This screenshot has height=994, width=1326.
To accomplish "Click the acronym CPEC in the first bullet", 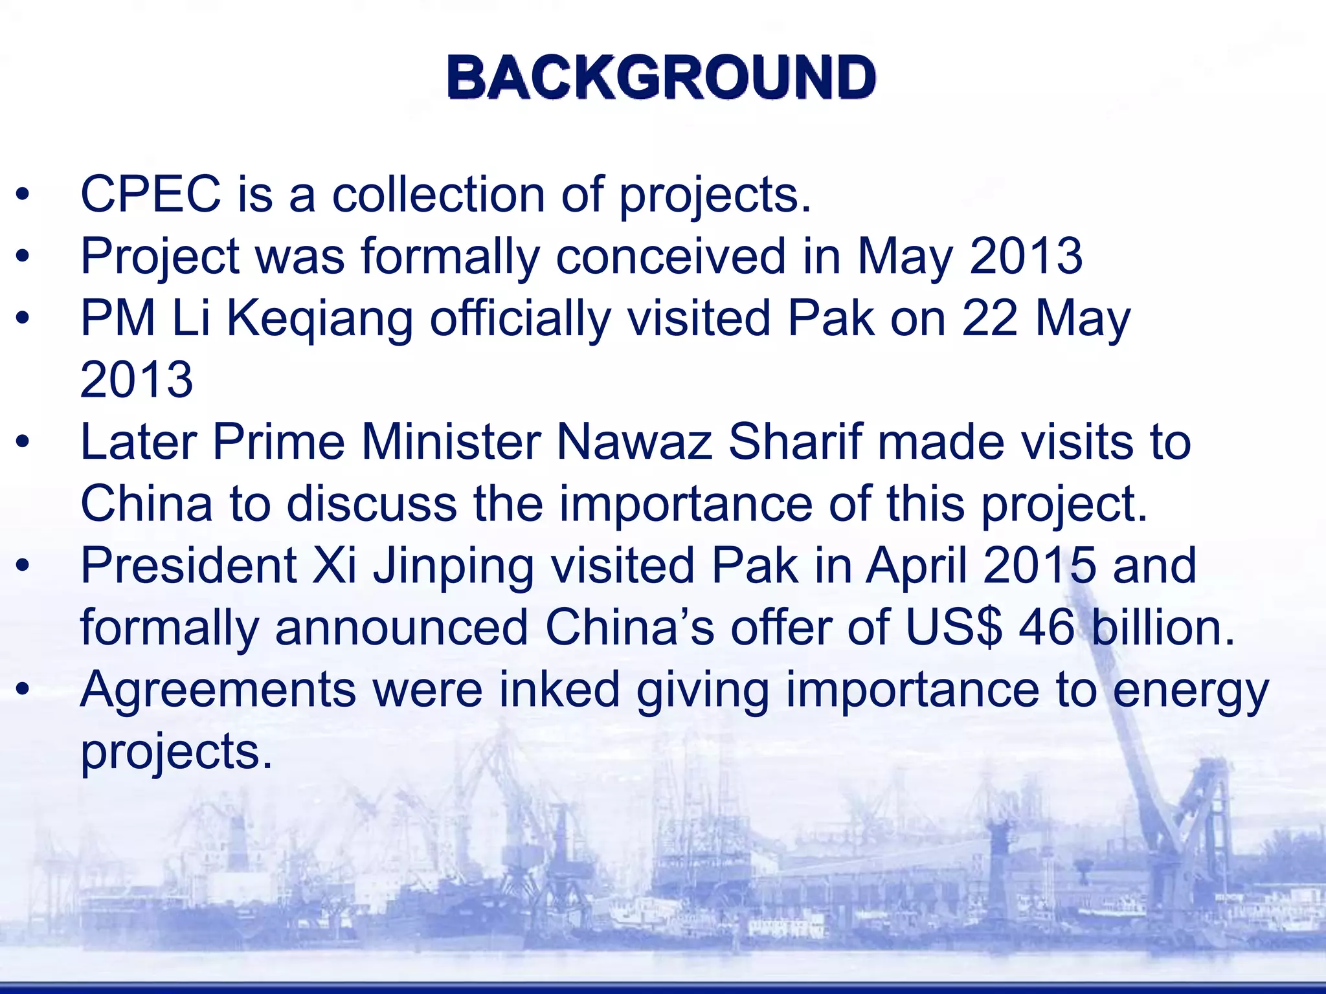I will [x=150, y=194].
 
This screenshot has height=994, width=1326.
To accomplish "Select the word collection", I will [x=438, y=194].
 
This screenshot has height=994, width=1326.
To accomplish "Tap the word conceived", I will [x=671, y=256].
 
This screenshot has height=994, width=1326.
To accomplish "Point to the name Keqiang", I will [x=320, y=318].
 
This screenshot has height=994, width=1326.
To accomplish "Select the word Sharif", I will [x=796, y=443].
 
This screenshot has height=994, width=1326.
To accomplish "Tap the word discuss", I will [x=372, y=504].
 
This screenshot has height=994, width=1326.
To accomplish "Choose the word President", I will [x=188, y=566].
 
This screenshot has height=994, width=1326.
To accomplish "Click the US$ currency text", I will [x=954, y=628].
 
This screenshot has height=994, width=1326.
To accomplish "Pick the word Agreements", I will [x=218, y=690].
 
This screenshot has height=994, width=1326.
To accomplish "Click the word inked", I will [x=559, y=690].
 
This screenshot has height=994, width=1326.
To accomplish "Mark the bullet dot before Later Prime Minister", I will [x=23, y=443].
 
